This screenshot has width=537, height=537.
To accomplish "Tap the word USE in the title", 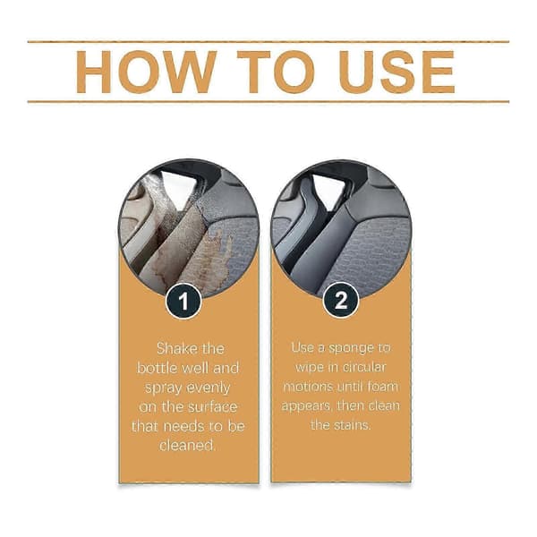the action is pos(396,72).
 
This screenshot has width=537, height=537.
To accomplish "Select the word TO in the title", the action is pos(276,72).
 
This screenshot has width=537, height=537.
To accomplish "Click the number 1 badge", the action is pos(183,301).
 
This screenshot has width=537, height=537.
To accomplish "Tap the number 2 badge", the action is pos(341,301).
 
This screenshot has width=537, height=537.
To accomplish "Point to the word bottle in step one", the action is pos(157,368).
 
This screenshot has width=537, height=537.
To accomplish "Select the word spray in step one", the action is pos(164,388).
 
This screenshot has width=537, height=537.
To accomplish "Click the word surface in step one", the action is pos(213,407).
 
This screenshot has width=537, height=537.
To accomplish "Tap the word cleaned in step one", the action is pos(187,446).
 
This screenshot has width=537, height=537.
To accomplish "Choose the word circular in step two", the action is pos(364,367).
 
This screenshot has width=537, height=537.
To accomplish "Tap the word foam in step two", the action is pos(382,387).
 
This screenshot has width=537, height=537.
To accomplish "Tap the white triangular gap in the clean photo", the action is pos(328,191).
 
